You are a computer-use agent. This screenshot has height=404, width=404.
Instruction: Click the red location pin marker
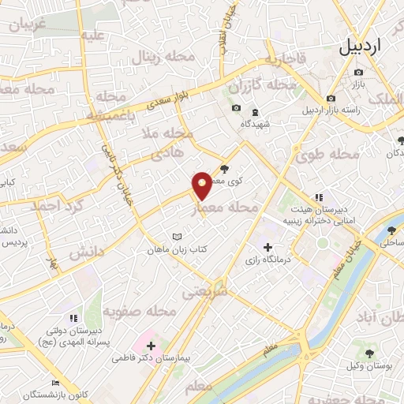203,185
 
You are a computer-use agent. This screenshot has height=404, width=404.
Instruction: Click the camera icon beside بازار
359,73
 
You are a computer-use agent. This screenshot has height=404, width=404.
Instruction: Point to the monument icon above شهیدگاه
254,109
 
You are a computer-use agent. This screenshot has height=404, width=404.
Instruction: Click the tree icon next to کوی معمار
225,168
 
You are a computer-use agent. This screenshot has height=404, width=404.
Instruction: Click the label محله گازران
261,84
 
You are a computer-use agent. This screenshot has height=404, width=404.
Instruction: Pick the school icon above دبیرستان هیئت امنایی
318,197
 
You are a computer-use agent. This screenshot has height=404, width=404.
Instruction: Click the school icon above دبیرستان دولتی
73,318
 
